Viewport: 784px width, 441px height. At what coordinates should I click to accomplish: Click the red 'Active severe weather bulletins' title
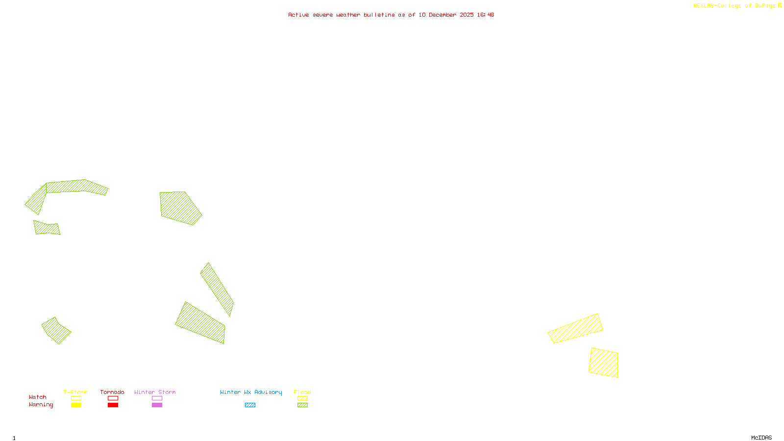click(391, 15)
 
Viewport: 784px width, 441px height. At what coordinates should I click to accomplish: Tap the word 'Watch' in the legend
click(38, 397)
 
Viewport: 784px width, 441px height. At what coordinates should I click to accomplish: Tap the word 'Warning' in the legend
click(41, 405)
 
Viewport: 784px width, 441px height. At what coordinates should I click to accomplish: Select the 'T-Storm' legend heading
click(75, 392)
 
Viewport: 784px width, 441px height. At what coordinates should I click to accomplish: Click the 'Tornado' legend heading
click(112, 392)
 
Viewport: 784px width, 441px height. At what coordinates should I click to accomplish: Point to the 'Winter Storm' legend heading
click(155, 392)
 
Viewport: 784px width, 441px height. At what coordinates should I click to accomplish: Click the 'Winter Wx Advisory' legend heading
click(251, 392)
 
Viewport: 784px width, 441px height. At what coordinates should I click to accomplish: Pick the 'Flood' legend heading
click(302, 392)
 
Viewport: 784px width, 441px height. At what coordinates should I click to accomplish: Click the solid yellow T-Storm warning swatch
click(76, 405)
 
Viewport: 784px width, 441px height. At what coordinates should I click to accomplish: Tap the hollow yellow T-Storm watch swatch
click(76, 398)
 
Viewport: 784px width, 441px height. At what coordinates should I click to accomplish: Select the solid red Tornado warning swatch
click(113, 405)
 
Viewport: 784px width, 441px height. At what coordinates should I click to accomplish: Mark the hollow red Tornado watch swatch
click(113, 398)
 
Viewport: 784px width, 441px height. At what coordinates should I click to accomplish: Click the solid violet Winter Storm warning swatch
click(157, 405)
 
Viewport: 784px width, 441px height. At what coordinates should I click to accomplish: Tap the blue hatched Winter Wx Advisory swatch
click(250, 405)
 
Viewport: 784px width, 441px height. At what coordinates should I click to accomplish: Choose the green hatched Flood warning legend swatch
click(302, 405)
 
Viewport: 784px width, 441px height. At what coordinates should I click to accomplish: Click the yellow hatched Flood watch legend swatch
click(302, 398)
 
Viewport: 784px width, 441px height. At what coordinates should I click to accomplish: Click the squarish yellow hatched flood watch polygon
click(604, 363)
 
